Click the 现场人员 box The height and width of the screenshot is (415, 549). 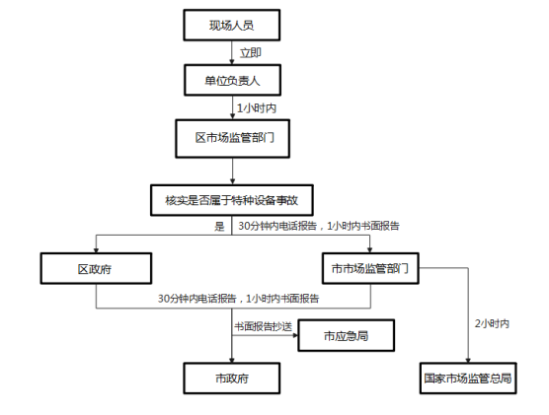(x=232, y=26)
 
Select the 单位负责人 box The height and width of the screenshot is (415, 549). (x=232, y=80)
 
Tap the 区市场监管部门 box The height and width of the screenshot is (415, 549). (x=232, y=139)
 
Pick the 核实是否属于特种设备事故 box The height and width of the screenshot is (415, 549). (x=232, y=200)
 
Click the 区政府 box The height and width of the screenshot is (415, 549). (x=96, y=268)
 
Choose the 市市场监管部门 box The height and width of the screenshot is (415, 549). (x=370, y=268)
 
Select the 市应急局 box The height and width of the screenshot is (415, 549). (x=347, y=335)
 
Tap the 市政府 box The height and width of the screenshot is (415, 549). (x=232, y=379)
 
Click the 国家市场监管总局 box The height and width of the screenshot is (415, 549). (x=468, y=379)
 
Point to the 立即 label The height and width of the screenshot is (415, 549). (x=251, y=53)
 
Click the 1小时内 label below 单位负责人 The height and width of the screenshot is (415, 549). (x=257, y=108)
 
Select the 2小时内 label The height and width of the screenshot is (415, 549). (x=492, y=323)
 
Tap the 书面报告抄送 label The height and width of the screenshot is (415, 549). (x=264, y=326)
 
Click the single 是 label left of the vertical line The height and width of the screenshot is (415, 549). (x=219, y=226)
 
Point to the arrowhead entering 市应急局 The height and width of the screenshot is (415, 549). (x=295, y=335)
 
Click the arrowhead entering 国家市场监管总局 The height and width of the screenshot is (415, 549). (x=468, y=361)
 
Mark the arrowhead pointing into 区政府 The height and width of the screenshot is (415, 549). (x=96, y=250)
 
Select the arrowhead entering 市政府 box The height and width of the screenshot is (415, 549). (x=232, y=361)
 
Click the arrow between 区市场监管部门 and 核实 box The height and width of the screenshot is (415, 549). (x=232, y=172)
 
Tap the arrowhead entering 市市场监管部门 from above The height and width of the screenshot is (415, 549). (x=369, y=250)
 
